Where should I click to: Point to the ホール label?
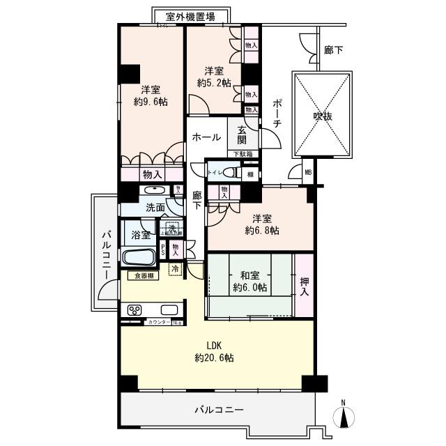coord(206,137)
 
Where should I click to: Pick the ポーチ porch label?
coord(277,112)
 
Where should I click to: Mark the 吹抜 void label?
coord(322,116)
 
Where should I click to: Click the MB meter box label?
coord(308,172)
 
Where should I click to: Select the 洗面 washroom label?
coord(155,207)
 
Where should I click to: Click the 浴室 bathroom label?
coord(141,236)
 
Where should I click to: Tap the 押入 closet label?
coord(305,287)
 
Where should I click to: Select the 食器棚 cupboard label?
coord(146,276)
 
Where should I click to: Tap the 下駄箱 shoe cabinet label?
coord(242,153)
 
